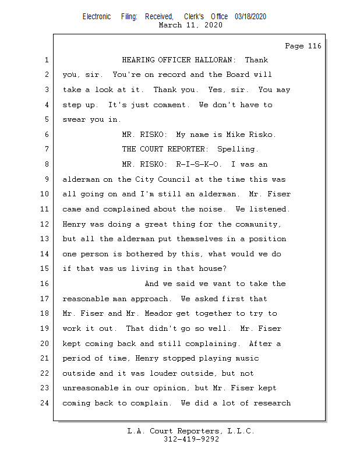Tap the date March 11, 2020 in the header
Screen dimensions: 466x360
(x=190, y=25)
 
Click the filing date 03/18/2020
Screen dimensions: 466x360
(x=250, y=17)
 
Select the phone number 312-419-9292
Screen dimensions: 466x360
(x=190, y=439)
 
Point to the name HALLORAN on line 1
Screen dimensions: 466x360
(x=213, y=60)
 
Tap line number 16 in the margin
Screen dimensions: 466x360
(x=46, y=284)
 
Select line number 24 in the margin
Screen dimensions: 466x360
(x=46, y=403)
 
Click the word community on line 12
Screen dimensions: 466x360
(x=257, y=224)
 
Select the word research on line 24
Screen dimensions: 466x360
(x=271, y=403)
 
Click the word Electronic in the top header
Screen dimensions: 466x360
(x=97, y=17)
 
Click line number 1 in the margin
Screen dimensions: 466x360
(x=46, y=60)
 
